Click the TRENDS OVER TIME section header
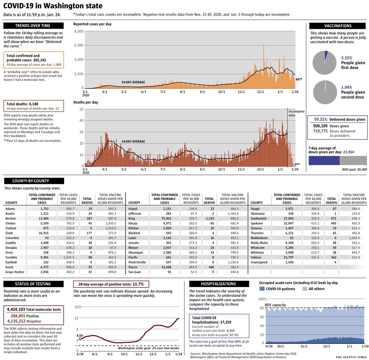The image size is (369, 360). [x=33, y=26]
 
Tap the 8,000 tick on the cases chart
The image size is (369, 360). [x=79, y=32]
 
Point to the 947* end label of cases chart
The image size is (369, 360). [x=298, y=79]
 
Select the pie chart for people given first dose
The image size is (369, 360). [x=324, y=63]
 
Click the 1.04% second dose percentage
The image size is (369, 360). [x=347, y=87]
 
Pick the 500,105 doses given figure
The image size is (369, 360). [x=320, y=126]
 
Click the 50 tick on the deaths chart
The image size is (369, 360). [x=81, y=109]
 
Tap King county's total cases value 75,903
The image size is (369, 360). [x=166, y=218]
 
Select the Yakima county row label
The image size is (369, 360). [x=256, y=257]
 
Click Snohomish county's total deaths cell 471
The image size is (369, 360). [x=334, y=218]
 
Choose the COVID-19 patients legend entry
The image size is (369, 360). [x=277, y=289]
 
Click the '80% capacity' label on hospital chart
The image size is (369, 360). [x=275, y=305]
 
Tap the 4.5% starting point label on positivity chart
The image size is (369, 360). [x=80, y=335]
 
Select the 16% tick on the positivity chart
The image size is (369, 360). [x=78, y=307]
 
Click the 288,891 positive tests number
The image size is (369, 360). [x=18, y=316]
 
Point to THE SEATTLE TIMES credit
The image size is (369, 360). [x=351, y=357]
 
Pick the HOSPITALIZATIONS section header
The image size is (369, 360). [x=219, y=284]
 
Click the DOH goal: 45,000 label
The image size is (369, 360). [x=355, y=169]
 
